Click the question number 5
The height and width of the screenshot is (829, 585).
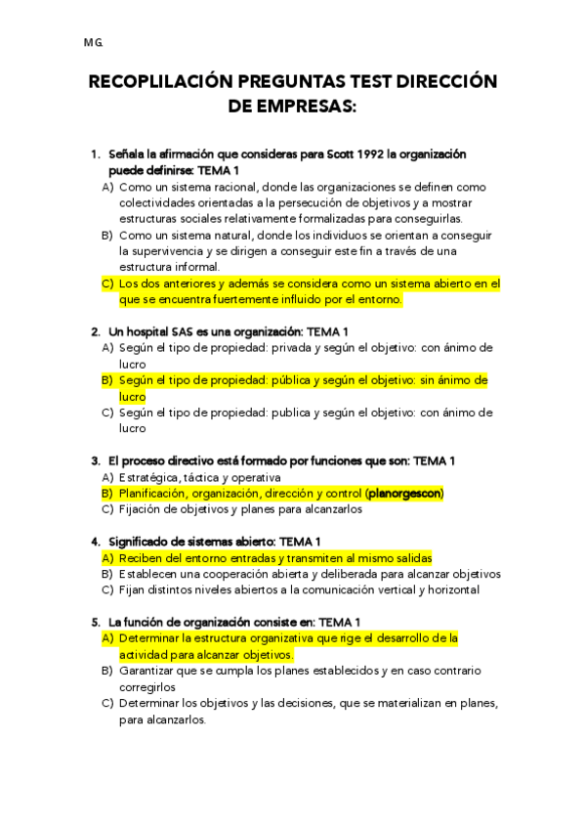(95, 622)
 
